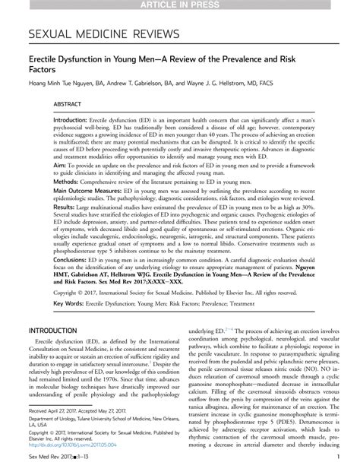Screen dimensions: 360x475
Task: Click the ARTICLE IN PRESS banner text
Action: tap(180, 6)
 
